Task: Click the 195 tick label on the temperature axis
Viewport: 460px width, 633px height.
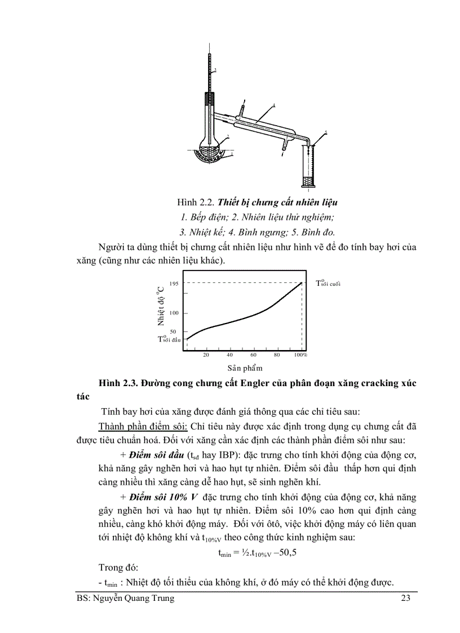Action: [x=174, y=284]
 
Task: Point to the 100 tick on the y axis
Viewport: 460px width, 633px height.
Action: [x=174, y=313]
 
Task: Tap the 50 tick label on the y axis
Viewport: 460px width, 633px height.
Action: [x=173, y=331]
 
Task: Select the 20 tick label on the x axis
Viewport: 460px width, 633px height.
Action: [x=206, y=355]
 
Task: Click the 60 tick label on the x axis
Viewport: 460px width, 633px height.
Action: [x=253, y=355]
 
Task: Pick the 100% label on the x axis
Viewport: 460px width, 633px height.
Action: [x=300, y=355]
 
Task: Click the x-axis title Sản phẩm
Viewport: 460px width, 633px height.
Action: [x=245, y=368]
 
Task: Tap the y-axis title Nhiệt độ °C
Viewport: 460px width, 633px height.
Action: [x=161, y=306]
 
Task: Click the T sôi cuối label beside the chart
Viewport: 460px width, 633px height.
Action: [x=328, y=282]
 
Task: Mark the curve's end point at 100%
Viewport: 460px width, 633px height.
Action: [x=303, y=283]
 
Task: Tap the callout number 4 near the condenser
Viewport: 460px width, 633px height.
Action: [x=274, y=105]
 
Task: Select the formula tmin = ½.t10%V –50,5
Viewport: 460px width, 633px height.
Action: [x=257, y=552]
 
